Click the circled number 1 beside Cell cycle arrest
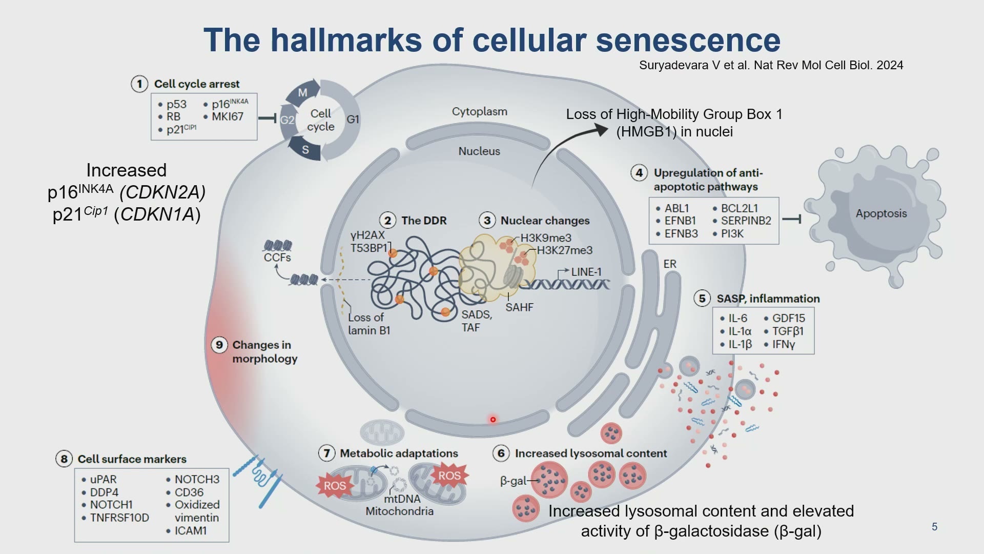point(139,84)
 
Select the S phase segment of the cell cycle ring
point(305,149)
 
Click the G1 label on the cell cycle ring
point(353,120)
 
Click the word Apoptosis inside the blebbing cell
point(881,213)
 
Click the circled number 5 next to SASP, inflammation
point(702,299)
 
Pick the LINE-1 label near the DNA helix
point(586,272)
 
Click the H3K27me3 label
point(564,250)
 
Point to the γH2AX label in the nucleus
point(367,235)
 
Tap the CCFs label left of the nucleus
point(277,257)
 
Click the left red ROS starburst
point(335,485)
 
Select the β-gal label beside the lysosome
point(513,481)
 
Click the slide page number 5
point(934,527)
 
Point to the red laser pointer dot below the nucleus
point(493,420)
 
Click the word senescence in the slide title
point(688,40)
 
